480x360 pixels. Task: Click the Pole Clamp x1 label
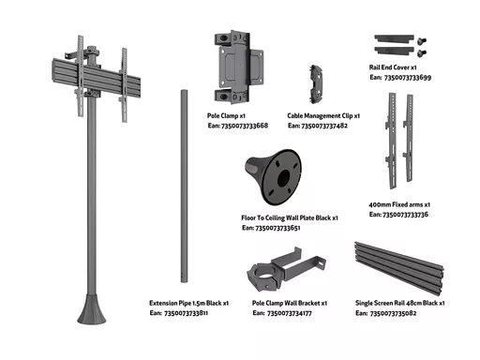pos(226,115)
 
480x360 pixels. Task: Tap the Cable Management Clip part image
pos(316,84)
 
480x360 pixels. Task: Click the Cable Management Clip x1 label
pos(323,115)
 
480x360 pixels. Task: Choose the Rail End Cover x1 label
pos(393,67)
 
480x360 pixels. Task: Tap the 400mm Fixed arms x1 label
pos(399,204)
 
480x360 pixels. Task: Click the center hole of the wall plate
pos(283,178)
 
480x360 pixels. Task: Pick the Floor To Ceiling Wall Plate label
pos(290,217)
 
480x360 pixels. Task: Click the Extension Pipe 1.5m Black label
pos(188,303)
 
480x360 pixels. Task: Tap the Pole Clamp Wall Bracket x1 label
pos(290,303)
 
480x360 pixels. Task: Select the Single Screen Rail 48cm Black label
pos(400,303)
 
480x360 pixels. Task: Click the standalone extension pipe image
pos(184,187)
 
